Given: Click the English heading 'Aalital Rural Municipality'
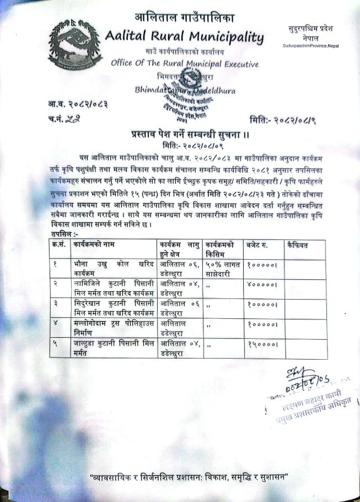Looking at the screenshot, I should [x=184, y=38].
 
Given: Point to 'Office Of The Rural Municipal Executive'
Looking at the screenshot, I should [x=184, y=63].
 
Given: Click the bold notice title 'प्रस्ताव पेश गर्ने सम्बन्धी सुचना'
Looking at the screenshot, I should [x=184, y=133].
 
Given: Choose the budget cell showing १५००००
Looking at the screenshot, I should [x=262, y=345].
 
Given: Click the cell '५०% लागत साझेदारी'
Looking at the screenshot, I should [x=222, y=269].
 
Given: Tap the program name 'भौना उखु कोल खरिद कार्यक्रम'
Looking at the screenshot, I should [x=114, y=269].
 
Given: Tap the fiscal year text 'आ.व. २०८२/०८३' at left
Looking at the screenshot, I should [x=77, y=103].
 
